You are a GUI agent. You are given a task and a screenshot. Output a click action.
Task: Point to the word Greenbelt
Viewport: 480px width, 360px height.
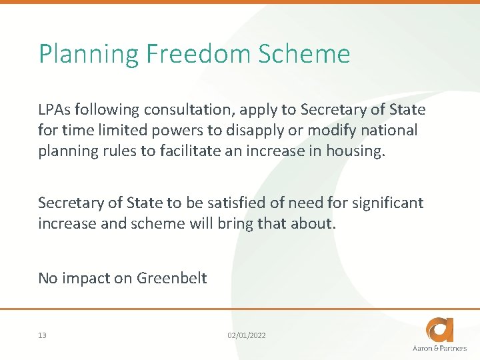click(172, 278)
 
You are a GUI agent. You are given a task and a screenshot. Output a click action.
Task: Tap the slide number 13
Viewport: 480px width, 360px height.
click(42, 335)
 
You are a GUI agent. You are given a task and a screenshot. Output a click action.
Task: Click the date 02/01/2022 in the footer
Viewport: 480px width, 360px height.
click(246, 335)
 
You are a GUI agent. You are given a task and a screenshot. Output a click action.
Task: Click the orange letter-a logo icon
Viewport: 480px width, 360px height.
click(441, 329)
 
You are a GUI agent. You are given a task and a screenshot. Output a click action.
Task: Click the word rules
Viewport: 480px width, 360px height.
click(118, 151)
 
